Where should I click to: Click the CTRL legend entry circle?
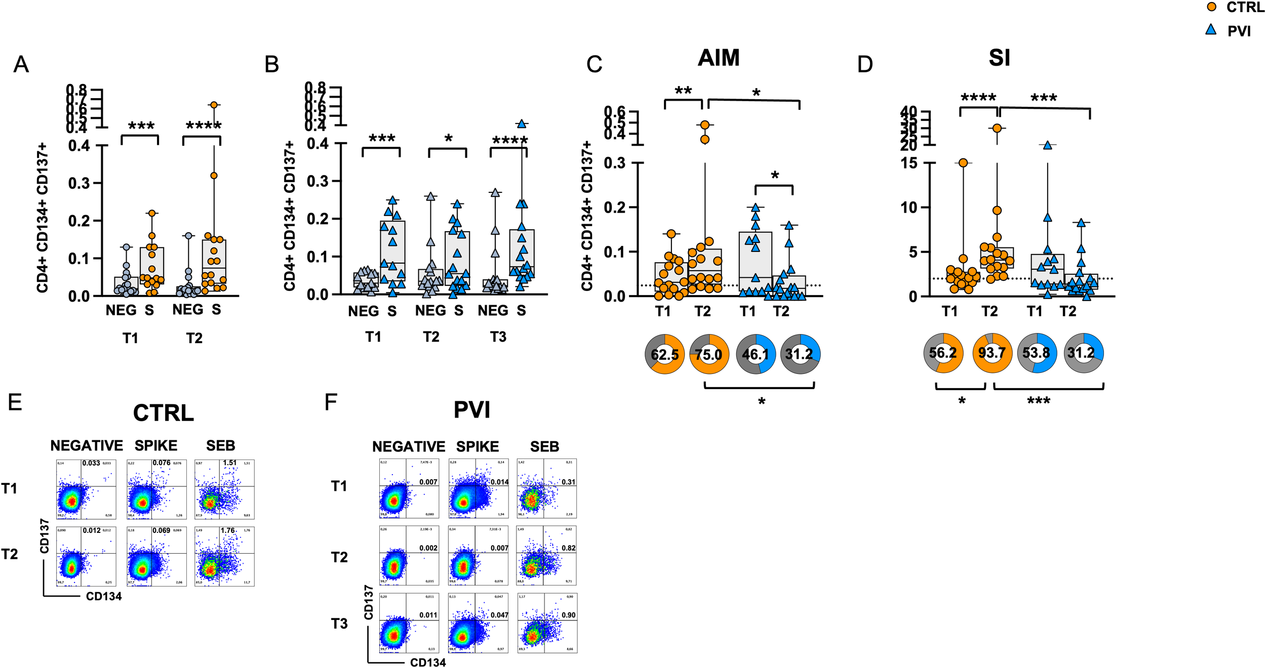point(1211,7)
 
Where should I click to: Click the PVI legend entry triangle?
point(1211,30)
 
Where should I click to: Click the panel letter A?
point(21,65)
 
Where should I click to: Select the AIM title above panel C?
point(719,58)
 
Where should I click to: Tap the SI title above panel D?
point(999,58)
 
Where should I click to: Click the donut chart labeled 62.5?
point(664,354)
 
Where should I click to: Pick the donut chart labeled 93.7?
point(992,353)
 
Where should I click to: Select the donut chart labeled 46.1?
point(755,354)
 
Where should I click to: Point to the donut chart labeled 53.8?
point(1037,353)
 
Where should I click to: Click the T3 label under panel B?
point(498,337)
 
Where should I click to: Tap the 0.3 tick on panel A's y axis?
point(80,183)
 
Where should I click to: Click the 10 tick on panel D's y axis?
point(908,207)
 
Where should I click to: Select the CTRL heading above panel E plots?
point(163,413)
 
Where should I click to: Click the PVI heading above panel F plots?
point(471,410)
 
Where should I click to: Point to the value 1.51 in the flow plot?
point(229,463)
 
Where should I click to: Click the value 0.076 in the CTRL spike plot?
point(162,463)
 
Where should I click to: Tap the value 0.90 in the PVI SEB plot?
point(568,615)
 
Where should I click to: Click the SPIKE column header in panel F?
point(477,447)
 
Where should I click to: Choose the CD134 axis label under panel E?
point(104,596)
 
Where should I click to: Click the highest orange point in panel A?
point(214,105)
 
